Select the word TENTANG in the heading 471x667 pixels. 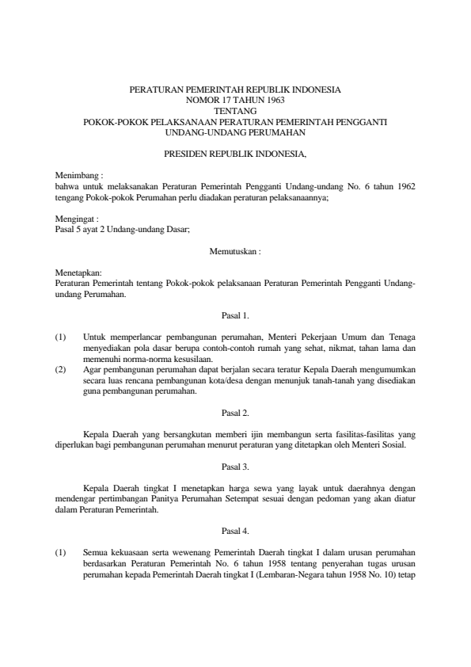click(x=234, y=111)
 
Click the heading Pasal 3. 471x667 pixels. click(x=235, y=466)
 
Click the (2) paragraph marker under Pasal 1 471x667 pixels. click(x=61, y=369)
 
